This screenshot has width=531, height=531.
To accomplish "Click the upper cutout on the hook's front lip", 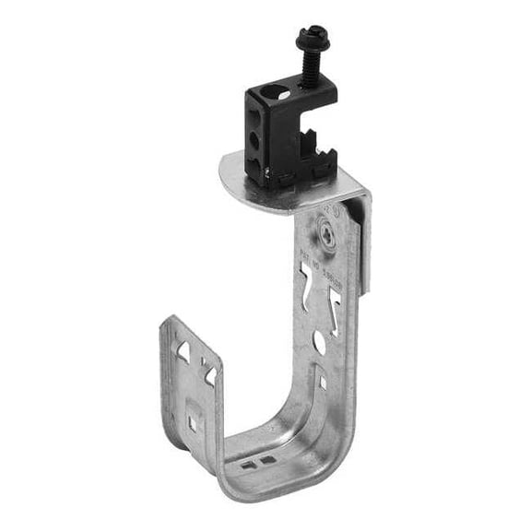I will click(184, 350).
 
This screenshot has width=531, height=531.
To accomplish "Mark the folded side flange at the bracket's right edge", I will click(365, 249).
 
